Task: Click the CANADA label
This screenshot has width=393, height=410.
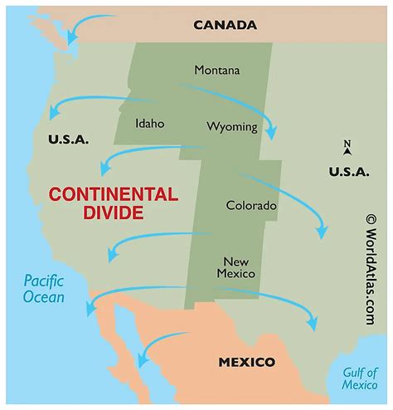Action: click(x=225, y=24)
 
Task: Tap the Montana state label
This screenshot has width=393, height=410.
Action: click(x=217, y=70)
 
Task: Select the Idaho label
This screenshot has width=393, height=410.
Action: click(x=150, y=124)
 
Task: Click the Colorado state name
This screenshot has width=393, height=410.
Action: click(x=251, y=204)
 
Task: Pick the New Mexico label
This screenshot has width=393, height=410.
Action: click(x=235, y=266)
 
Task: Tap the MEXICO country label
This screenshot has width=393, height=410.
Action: click(x=246, y=363)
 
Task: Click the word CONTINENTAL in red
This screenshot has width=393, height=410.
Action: click(x=113, y=195)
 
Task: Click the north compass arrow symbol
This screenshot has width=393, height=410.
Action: click(x=347, y=149)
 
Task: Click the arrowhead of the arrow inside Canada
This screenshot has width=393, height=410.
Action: click(x=72, y=39)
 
